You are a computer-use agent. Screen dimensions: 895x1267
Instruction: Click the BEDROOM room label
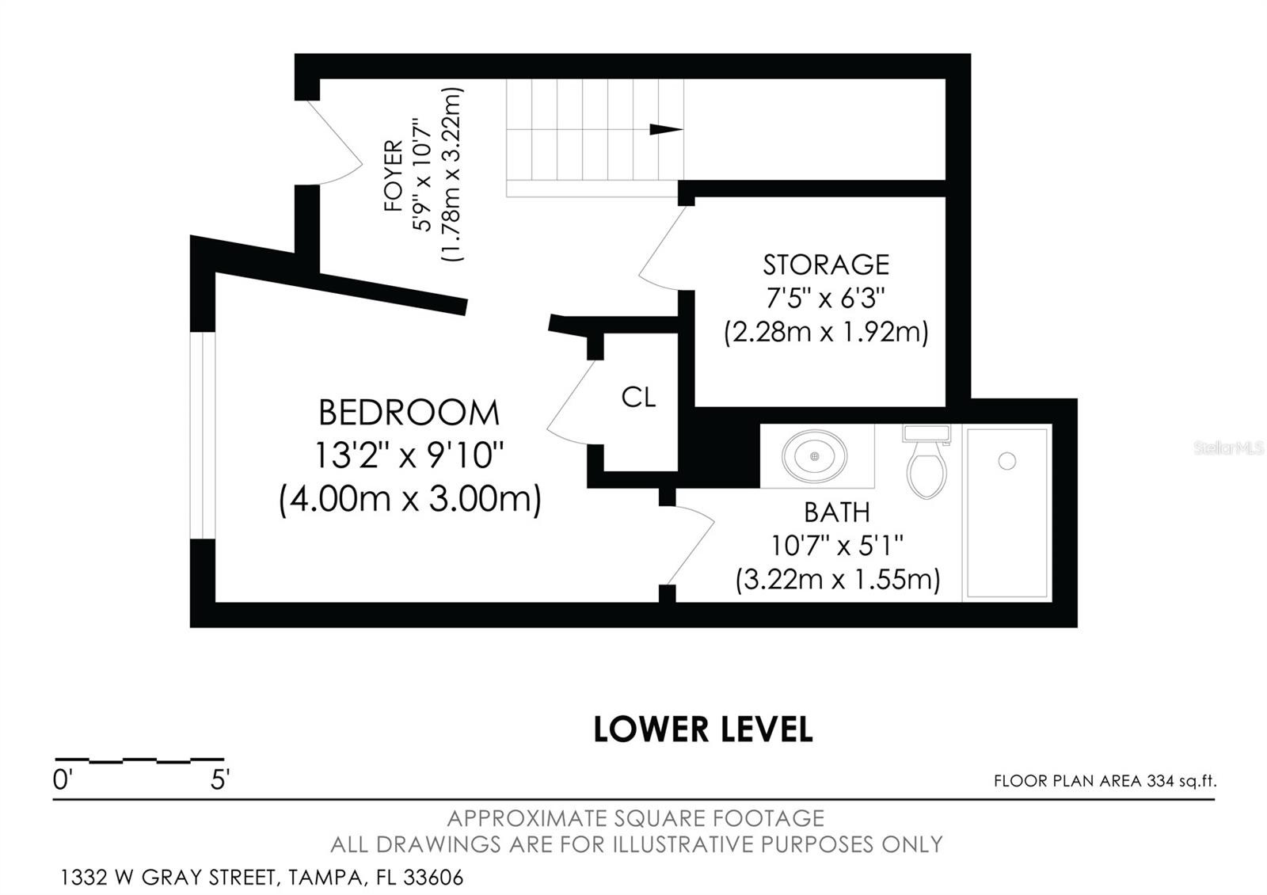click(x=409, y=413)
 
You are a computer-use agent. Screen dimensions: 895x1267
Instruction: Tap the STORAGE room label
click(x=826, y=264)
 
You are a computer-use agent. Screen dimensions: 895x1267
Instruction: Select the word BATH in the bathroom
click(x=837, y=512)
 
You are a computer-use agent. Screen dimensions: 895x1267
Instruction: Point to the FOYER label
click(x=394, y=176)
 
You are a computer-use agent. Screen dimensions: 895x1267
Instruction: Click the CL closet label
click(x=638, y=398)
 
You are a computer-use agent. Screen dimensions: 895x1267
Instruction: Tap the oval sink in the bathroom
click(x=814, y=456)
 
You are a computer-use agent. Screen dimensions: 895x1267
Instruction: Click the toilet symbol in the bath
click(x=926, y=467)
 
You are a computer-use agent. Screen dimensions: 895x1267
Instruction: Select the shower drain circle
click(x=1006, y=460)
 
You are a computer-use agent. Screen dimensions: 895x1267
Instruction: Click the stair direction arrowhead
click(x=665, y=130)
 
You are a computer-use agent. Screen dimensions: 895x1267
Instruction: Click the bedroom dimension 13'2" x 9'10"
click(x=409, y=455)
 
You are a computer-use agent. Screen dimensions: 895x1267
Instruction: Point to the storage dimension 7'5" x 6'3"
click(x=825, y=299)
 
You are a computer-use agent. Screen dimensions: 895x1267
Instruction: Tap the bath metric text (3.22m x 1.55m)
click(x=837, y=580)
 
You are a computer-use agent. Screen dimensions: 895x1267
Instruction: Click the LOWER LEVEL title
click(x=702, y=729)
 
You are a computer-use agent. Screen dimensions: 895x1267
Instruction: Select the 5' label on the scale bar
click(x=219, y=780)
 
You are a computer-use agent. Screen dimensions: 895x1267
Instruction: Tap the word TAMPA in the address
click(x=328, y=878)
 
